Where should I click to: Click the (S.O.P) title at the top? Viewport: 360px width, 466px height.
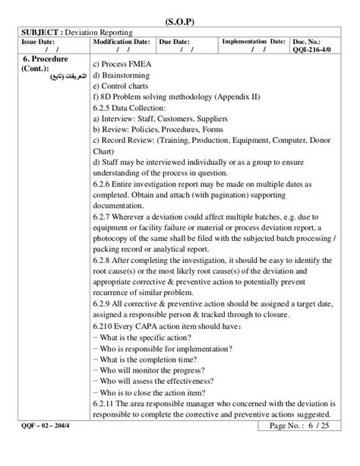coord(180,20)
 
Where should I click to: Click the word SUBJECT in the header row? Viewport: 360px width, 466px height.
coord(37,33)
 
